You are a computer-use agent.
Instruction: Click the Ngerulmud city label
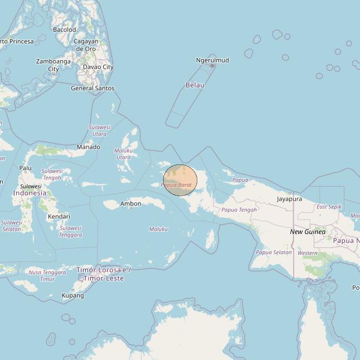(212, 60)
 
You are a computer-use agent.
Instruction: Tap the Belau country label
(194, 85)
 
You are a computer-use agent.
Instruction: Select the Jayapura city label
(289, 199)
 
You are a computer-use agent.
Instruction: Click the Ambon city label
(130, 204)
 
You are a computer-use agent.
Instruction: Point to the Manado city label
(89, 147)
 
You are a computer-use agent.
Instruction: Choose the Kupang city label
(72, 295)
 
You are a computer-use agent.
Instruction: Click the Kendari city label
(59, 216)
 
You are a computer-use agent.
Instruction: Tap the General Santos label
(93, 88)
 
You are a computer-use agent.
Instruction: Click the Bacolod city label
(64, 30)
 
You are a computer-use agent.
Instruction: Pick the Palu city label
(26, 168)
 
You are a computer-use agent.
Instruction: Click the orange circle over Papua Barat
(180, 180)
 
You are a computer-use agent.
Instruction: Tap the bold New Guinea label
(308, 231)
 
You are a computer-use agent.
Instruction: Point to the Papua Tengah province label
(239, 210)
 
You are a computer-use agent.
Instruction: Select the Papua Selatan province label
(274, 252)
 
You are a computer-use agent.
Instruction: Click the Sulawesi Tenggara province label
(71, 231)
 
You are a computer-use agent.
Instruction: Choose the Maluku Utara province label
(123, 154)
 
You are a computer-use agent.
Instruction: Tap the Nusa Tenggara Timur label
(47, 275)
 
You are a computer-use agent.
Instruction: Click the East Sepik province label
(329, 207)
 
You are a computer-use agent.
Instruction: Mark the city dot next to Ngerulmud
(212, 66)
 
